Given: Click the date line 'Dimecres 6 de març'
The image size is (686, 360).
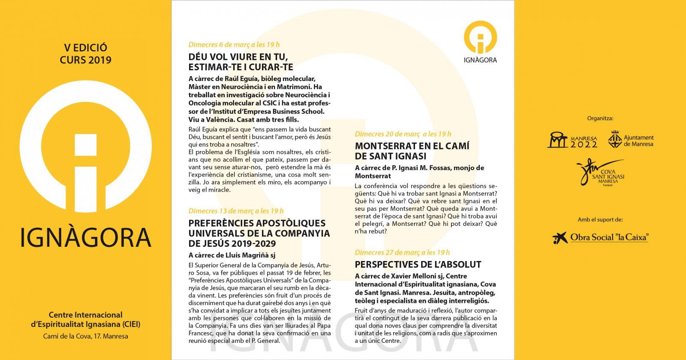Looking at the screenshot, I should [234, 45].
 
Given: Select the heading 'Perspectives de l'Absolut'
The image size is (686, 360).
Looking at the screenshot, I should [418, 264].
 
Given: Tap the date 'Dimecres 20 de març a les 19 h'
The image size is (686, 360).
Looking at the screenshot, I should [403, 134].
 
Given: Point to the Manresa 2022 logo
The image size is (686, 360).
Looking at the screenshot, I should [572, 140].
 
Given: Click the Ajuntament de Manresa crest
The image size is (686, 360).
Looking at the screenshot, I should [615, 140].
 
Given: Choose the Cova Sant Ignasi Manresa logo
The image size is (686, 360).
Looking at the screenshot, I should [600, 173].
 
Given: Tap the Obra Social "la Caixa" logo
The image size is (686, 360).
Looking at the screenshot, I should [600, 237].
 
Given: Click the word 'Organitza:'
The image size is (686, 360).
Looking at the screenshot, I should [600, 118].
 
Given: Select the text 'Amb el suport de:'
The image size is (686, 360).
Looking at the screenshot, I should [600, 219].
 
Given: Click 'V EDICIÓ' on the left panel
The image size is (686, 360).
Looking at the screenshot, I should [85, 48].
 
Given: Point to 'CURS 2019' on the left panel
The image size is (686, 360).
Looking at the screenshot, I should [85, 60].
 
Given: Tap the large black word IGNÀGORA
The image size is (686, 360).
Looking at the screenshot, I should [86, 237].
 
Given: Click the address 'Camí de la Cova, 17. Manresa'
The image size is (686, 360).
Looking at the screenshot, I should [85, 336].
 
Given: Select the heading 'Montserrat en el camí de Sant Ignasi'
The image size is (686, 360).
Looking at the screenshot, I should [412, 151].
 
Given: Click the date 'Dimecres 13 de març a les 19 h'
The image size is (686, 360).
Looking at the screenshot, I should [236, 211].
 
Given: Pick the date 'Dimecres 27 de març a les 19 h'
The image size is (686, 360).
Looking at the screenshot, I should [402, 252].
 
